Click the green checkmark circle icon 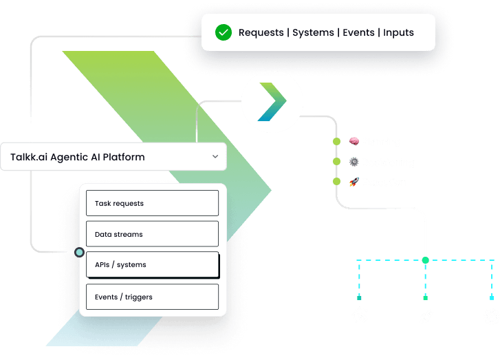pyautogui.click(x=223, y=32)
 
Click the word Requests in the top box pyautogui.click(x=261, y=32)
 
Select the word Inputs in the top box pyautogui.click(x=398, y=32)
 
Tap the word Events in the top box pyautogui.click(x=359, y=32)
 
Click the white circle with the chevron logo pyautogui.click(x=272, y=101)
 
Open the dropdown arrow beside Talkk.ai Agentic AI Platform pyautogui.click(x=215, y=157)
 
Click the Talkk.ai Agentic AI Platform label pyautogui.click(x=78, y=157)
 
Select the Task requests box pyautogui.click(x=152, y=203)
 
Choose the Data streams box pyautogui.click(x=152, y=234)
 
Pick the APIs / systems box pyautogui.click(x=152, y=264)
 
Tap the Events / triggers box pyautogui.click(x=152, y=297)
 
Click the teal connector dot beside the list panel pyautogui.click(x=80, y=253)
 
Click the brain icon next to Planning pyautogui.click(x=354, y=141)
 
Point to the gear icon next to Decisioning pyautogui.click(x=354, y=162)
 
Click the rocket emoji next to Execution pyautogui.click(x=354, y=182)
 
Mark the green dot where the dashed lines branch pyautogui.click(x=426, y=260)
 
